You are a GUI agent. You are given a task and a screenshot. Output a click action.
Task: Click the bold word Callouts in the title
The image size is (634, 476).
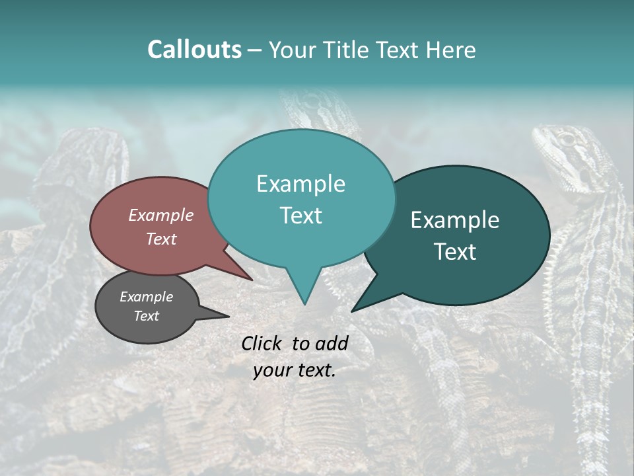click(194, 50)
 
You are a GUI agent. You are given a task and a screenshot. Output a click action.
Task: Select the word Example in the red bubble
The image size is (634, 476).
click(161, 215)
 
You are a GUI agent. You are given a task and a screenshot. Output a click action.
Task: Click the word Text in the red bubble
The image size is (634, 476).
click(161, 239)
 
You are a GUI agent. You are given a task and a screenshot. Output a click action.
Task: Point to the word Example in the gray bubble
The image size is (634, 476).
click(147, 297)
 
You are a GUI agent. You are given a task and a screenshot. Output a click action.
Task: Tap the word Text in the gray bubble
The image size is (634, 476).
click(147, 316)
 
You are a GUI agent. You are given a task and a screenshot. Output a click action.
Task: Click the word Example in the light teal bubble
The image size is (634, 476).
click(300, 184)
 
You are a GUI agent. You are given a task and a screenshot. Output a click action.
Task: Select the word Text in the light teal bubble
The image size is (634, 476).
click(300, 216)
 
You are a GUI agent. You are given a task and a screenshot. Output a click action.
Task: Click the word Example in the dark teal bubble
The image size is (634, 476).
click(455, 220)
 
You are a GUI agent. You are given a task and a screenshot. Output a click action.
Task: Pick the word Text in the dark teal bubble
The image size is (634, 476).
click(455, 252)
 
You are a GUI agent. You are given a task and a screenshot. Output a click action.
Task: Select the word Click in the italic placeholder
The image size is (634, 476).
click(264, 343)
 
